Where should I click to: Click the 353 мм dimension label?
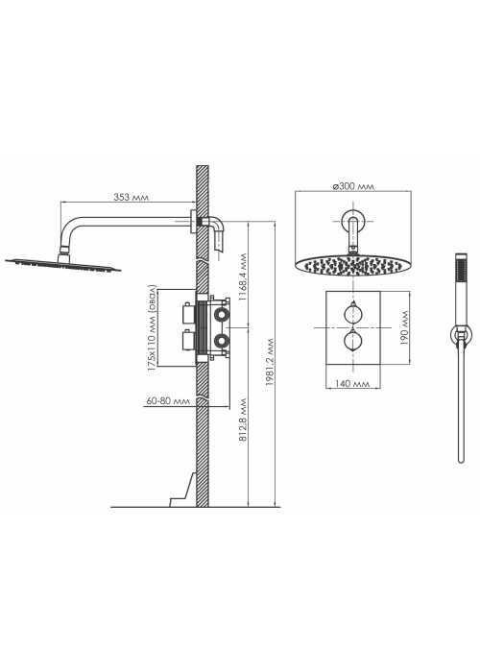pos(132,197)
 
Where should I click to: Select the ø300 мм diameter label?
pos(353,186)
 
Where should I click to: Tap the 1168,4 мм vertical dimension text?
pos(243,276)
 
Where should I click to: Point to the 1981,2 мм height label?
pos(269,362)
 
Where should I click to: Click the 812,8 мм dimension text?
pos(243,420)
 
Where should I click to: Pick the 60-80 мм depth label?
pos(168,401)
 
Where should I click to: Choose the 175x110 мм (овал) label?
pos(152,328)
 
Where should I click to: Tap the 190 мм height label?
pos(404,328)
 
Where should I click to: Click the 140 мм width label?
pos(352,384)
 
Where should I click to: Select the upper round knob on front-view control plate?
pos(352,314)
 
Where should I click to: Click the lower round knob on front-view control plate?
pos(352,341)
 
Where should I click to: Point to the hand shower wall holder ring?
pos(461,334)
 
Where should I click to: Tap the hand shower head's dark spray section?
pos(461,270)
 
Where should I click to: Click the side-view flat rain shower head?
pos(63,265)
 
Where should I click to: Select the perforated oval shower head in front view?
pos(352,266)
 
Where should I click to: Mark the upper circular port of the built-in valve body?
pos(222,315)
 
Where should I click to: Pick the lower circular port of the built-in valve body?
pos(222,341)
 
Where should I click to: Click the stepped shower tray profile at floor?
pos(183,490)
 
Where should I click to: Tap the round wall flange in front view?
pos(352,222)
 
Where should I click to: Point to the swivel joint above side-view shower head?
pos(64,249)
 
